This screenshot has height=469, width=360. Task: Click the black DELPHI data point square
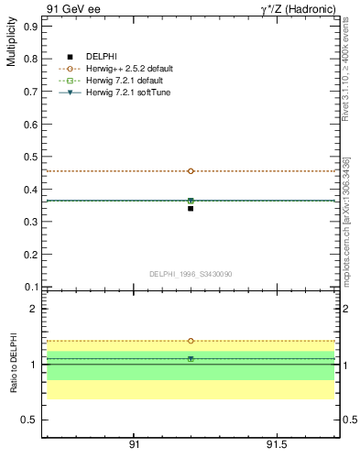(191, 209)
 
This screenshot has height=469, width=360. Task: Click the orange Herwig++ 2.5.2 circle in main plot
(191, 170)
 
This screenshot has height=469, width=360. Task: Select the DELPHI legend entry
(101, 58)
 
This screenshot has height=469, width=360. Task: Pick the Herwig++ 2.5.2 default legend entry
(115, 69)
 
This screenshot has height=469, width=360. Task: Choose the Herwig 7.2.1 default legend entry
(115, 81)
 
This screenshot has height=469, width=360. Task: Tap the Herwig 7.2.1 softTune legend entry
(115, 93)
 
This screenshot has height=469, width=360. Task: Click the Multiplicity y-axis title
(11, 45)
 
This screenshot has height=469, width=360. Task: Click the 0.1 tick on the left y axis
(30, 287)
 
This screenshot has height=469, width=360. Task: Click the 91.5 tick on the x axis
(276, 445)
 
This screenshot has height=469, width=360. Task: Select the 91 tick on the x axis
(134, 445)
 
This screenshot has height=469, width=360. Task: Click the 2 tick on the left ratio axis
(33, 309)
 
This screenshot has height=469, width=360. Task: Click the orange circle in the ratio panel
(191, 341)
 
